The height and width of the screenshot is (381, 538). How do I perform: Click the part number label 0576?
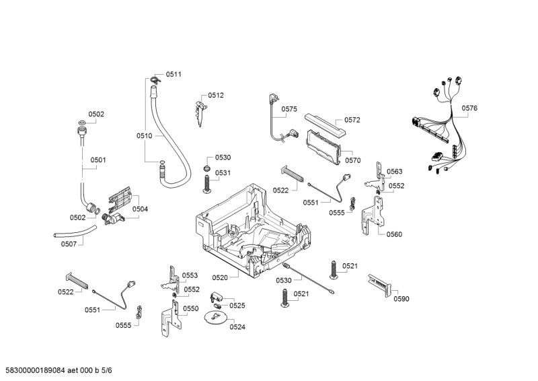469,108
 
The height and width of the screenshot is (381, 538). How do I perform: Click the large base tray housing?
256,226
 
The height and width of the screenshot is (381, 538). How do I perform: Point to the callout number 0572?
352,120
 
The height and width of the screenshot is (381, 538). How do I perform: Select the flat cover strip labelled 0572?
324,125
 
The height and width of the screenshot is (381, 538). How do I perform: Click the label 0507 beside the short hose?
69,244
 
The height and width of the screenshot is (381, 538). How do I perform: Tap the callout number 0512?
215,96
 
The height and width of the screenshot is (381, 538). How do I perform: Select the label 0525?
237,305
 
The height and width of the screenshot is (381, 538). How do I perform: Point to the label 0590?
401,299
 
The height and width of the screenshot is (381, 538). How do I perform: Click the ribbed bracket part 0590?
381,285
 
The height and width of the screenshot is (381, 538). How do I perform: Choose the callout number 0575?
289,109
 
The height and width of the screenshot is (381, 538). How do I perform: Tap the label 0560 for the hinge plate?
394,234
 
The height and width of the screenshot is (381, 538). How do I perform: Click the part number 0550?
191,309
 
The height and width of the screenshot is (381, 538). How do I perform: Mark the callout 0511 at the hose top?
174,74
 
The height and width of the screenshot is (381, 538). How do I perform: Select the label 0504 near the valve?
140,209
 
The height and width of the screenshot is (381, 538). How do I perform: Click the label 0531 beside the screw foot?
223,173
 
